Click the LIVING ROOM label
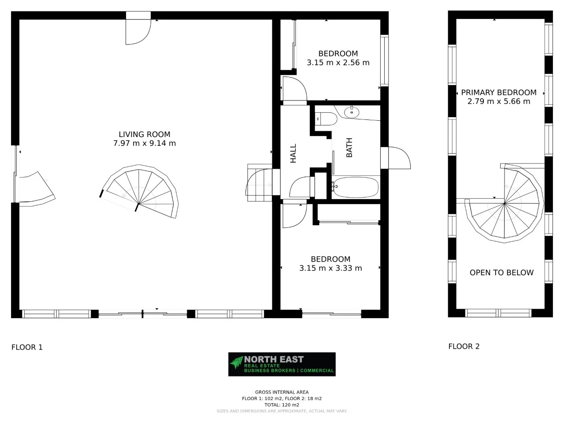tap(144, 134)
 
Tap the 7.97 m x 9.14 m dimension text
tap(144, 143)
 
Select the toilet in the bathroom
tap(326, 119)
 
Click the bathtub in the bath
tap(356, 187)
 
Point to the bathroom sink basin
tap(352, 112)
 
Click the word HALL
tap(293, 153)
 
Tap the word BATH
tap(349, 148)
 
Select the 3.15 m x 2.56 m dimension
tap(338, 63)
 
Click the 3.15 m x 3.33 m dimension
tap(330, 268)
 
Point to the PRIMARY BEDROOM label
tap(498, 93)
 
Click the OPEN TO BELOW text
tap(501, 273)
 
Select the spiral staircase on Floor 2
tap(507, 205)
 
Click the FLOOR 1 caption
tap(27, 347)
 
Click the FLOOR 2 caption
tap(464, 346)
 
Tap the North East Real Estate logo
tap(282, 364)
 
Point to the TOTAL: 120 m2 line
tap(282, 404)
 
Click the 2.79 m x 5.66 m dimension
tap(498, 101)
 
